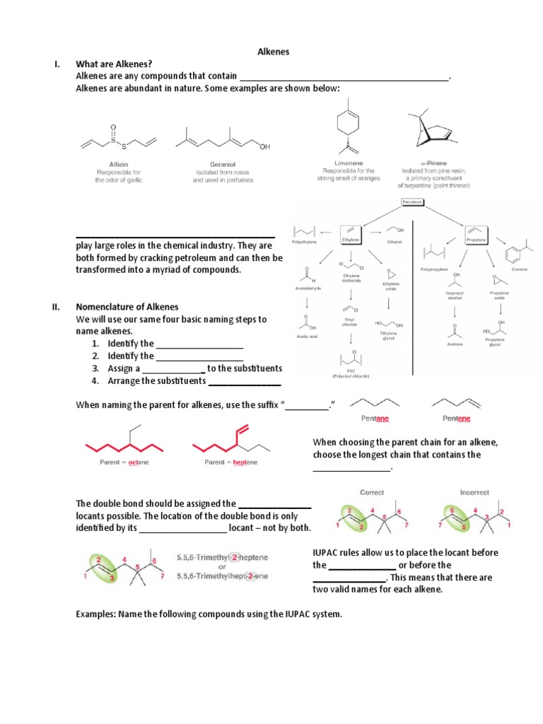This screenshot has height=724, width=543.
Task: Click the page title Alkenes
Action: point(272,52)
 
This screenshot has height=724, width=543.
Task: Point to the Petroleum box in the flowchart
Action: point(412,202)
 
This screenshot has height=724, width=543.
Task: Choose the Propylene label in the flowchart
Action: point(475,240)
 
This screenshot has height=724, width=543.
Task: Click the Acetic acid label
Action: point(307,337)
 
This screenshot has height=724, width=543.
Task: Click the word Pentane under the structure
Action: point(375,418)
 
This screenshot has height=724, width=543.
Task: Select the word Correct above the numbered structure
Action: point(372,492)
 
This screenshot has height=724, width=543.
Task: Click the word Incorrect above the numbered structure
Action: point(474,492)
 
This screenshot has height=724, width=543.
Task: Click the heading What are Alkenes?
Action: point(114,64)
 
